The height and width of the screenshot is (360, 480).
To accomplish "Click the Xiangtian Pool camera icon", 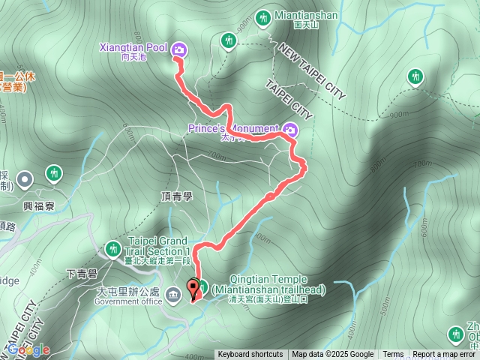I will coord(179,50).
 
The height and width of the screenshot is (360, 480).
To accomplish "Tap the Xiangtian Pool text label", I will coord(133,47).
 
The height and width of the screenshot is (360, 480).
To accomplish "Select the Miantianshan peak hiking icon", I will coord(263,16).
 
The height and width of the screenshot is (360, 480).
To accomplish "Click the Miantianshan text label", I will coord(306,15).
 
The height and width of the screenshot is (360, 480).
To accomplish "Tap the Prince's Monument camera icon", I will coord(290,130).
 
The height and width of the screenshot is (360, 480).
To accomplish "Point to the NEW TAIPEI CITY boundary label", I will coord(310,71).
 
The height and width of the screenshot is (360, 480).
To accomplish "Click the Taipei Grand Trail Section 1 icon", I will coord(112,247).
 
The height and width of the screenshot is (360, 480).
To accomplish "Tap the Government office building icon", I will coord(174,293).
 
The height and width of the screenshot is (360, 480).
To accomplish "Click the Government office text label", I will coord(128,301).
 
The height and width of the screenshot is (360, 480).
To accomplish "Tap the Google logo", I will coord(28,349).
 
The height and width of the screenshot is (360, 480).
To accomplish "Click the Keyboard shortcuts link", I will coord(250,355).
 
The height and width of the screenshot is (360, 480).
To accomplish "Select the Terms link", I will coord(393,355).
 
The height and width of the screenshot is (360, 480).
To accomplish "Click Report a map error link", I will coord(444,355).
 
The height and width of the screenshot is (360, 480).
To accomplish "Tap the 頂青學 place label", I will coord(177,196).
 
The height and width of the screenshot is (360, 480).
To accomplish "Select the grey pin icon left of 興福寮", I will coord(25,178).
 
